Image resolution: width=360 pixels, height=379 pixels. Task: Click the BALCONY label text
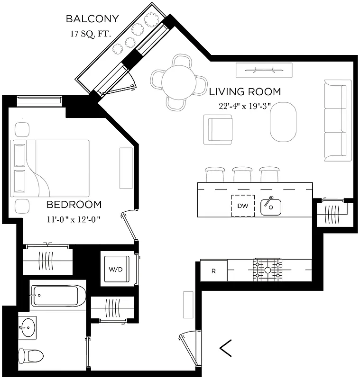(92, 19)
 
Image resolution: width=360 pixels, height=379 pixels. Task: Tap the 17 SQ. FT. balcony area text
(92, 34)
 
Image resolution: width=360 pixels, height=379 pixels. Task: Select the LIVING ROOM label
(245, 91)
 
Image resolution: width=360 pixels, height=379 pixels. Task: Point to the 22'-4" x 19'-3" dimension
(244, 106)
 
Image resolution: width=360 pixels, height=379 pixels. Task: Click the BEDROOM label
(74, 205)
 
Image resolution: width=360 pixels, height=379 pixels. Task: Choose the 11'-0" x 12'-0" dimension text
(74, 219)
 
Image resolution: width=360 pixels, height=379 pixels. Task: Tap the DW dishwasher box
(243, 206)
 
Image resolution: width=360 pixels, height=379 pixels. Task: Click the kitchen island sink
(270, 207)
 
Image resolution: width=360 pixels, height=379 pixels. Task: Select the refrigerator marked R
(213, 271)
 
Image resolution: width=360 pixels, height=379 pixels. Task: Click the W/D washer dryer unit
(116, 270)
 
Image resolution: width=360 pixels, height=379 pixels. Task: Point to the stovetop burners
(267, 271)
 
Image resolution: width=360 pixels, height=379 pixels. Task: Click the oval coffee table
(283, 122)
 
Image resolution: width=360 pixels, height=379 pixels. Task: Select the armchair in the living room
(218, 129)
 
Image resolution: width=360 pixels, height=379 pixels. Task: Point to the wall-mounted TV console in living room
(265, 70)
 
